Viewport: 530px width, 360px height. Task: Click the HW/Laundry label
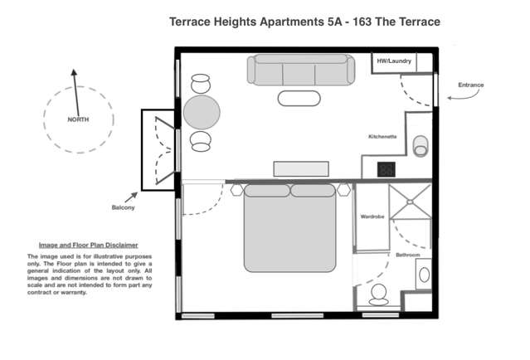(393, 61)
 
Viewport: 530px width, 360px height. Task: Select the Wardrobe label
(371, 216)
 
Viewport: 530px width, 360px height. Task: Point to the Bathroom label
(407, 255)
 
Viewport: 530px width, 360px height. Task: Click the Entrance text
(470, 85)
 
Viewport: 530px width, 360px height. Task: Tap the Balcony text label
(123, 207)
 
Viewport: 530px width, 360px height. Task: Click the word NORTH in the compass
(79, 119)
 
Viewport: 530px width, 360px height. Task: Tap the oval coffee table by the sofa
(298, 99)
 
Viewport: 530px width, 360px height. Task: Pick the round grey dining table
(202, 111)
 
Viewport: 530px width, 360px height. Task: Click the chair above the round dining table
(202, 83)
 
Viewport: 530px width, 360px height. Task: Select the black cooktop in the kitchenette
(387, 168)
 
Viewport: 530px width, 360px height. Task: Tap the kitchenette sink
(421, 145)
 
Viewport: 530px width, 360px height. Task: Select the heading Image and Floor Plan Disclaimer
(88, 245)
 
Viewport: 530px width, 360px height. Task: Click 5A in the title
(335, 21)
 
